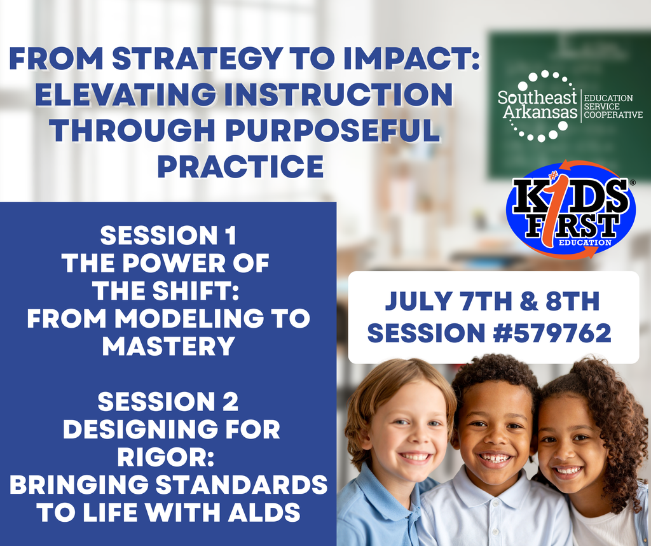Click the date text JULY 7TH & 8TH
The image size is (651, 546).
click(x=492, y=302)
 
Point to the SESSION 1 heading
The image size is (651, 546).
click(x=168, y=236)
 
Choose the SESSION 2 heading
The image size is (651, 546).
click(x=168, y=402)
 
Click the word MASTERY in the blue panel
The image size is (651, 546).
click(x=168, y=347)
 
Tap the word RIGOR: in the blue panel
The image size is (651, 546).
click(x=168, y=458)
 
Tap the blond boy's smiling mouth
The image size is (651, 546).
click(x=416, y=456)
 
